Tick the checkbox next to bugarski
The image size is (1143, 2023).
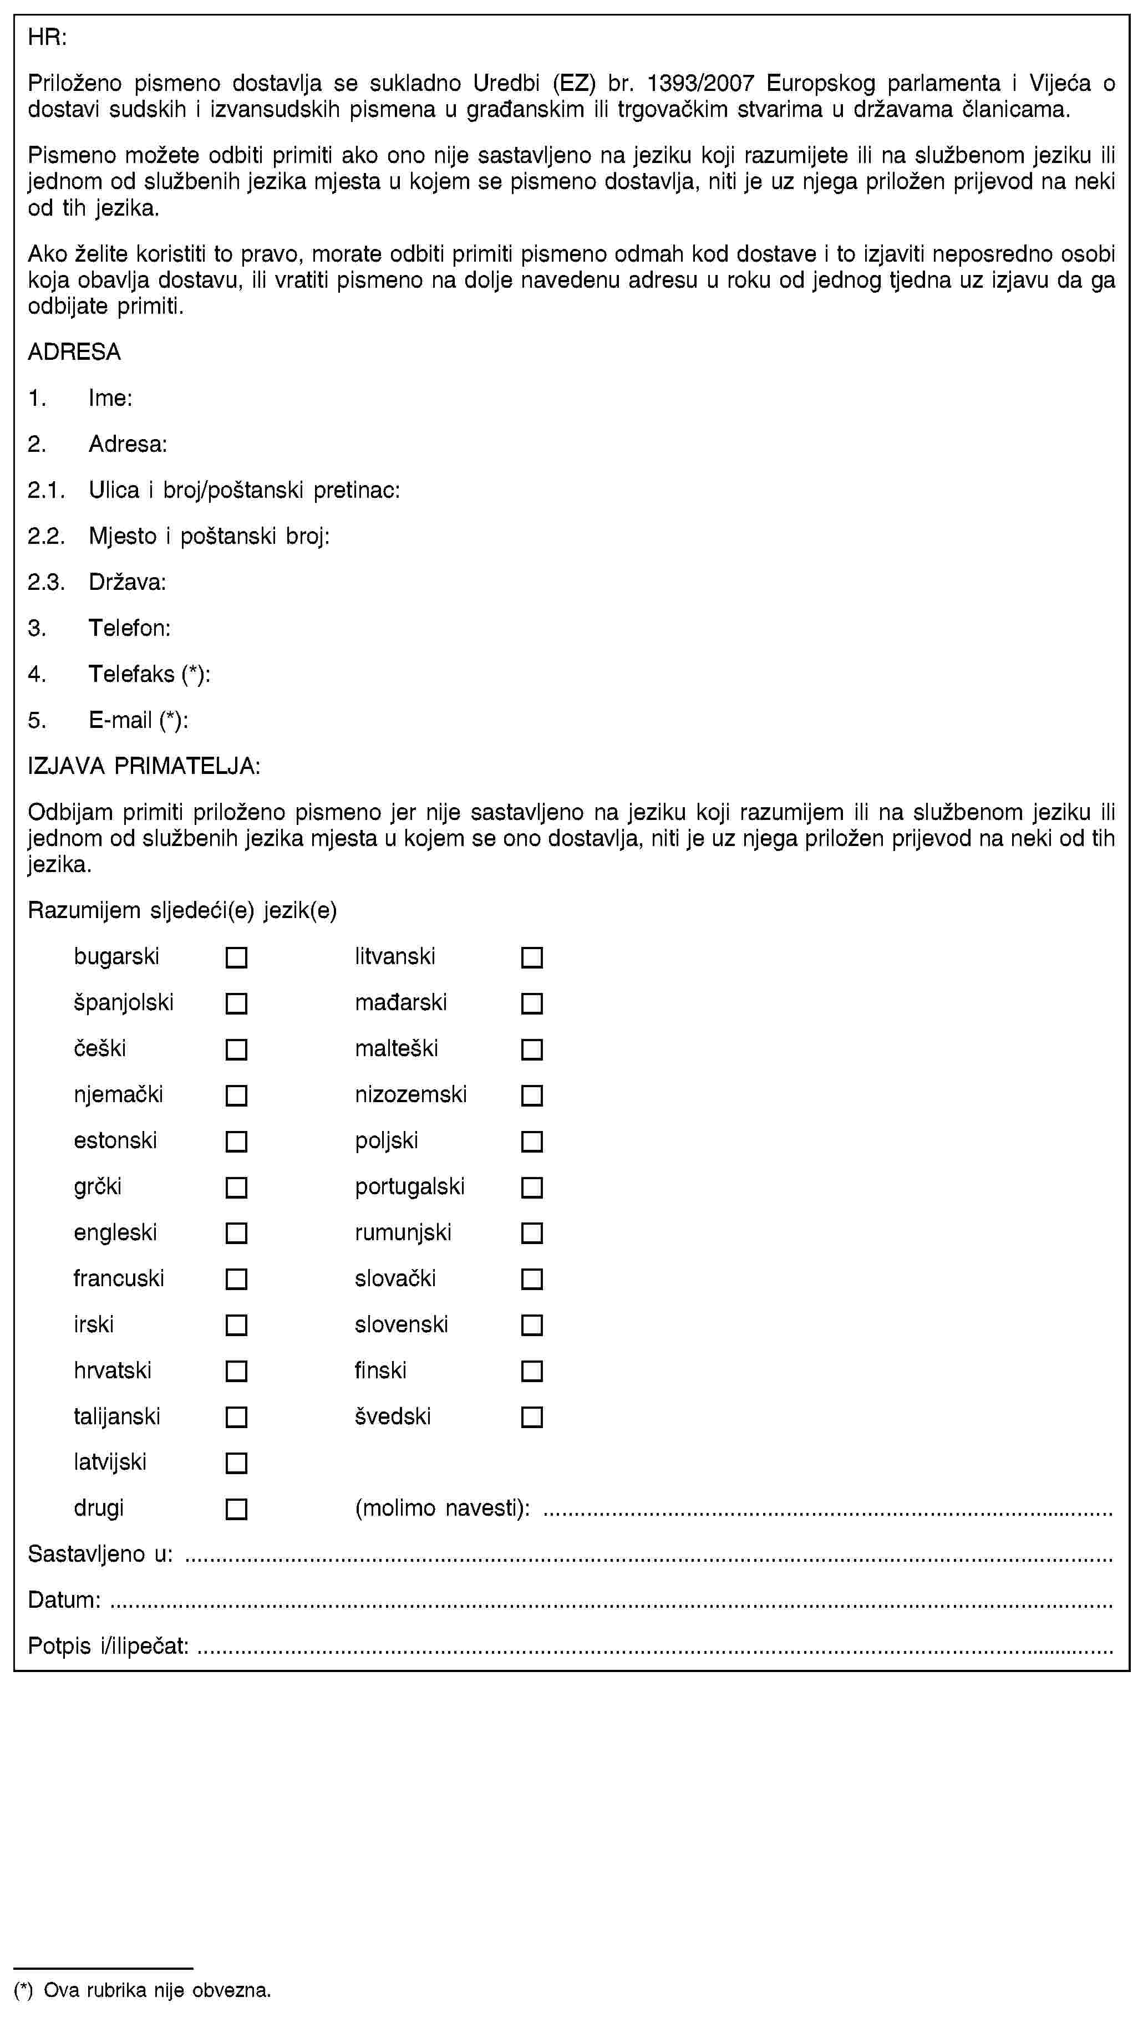pyautogui.click(x=236, y=957)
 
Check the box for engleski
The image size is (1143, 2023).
pyautogui.click(x=236, y=1233)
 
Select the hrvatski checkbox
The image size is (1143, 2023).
pyautogui.click(x=236, y=1371)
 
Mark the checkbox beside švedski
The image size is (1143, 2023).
pyautogui.click(x=532, y=1418)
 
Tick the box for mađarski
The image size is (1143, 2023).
pyautogui.click(x=532, y=1003)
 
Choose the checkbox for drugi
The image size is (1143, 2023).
pyautogui.click(x=236, y=1510)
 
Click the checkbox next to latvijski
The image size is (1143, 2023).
pyautogui.click(x=236, y=1463)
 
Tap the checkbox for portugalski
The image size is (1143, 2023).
pyautogui.click(x=532, y=1188)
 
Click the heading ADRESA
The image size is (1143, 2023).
pyautogui.click(x=75, y=352)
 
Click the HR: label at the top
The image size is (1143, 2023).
pyautogui.click(x=47, y=37)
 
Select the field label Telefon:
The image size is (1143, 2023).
pyautogui.click(x=130, y=628)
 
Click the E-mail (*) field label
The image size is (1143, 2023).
pyautogui.click(x=138, y=720)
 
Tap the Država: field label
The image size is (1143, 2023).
pyautogui.click(x=127, y=582)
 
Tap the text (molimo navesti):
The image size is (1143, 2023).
pyautogui.click(x=442, y=1509)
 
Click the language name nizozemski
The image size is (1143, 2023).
pyautogui.click(x=411, y=1095)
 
